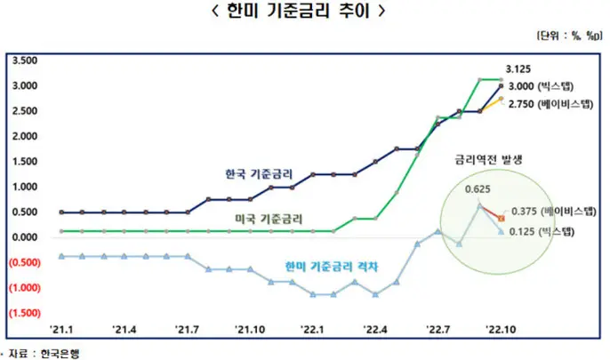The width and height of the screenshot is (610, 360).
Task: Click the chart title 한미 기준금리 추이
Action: coord(298,11)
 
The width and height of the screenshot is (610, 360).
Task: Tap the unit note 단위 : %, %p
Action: coord(569,36)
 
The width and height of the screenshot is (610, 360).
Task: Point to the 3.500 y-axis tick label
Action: coord(25,60)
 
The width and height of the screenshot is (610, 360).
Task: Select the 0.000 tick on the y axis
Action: coord(25,237)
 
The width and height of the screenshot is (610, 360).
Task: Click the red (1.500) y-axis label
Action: coord(25,313)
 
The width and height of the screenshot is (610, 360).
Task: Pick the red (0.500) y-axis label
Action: coord(25,262)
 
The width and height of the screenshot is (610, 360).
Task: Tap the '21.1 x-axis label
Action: coord(61,330)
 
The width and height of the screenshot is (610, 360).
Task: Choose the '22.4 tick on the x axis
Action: coord(375,330)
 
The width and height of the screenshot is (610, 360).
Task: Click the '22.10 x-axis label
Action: coord(501,330)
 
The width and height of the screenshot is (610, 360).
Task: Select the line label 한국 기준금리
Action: coord(259,174)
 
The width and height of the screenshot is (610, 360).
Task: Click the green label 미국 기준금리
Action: coord(269,219)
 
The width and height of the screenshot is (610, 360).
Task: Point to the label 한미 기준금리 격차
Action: coord(332,267)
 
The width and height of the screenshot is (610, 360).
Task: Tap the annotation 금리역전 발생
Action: coord(489,159)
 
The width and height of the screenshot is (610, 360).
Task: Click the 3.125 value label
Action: coord(518,69)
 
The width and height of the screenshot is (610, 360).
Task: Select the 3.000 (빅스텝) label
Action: coord(542,86)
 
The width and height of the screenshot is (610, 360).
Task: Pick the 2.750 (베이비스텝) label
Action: coord(551,104)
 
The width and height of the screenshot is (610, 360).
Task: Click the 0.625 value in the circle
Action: coord(478,189)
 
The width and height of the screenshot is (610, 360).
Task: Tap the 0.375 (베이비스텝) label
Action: coord(554,211)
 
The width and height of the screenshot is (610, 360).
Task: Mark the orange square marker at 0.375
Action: coord(502,219)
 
